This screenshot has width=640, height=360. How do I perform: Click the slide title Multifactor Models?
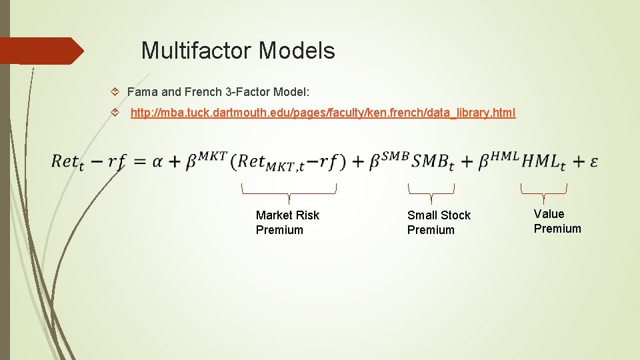238,50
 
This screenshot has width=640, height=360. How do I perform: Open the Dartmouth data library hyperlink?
323,113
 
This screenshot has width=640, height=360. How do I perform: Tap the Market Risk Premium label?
287,223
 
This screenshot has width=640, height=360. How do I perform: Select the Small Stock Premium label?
439,223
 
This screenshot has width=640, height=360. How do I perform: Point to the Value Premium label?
557,221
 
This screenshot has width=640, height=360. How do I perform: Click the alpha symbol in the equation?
157,161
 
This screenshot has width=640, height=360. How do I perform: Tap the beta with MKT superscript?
205,160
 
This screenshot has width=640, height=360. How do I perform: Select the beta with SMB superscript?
389,160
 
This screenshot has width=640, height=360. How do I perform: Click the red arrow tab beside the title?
41,51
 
